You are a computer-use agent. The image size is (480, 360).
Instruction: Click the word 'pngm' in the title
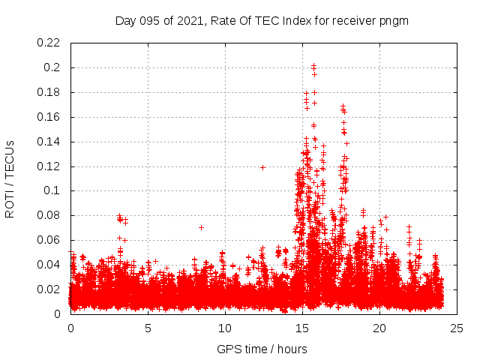[x=394, y=20]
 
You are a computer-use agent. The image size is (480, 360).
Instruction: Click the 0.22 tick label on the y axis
[x=50, y=43]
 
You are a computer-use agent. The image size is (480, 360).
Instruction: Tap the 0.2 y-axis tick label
[x=54, y=67]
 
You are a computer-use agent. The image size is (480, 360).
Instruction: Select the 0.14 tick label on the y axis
[x=50, y=141]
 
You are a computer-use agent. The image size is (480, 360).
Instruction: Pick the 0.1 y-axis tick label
[x=54, y=190]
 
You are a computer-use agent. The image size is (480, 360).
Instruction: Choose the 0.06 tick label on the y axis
[x=50, y=240]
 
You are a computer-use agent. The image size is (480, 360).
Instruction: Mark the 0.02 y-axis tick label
[x=50, y=289]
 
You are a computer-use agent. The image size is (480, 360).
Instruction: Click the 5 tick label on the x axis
[x=148, y=328]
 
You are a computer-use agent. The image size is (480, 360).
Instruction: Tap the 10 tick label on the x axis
[x=225, y=328]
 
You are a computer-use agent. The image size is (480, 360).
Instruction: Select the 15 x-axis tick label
[x=302, y=328]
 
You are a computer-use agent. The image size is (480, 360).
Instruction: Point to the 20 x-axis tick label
[x=379, y=328]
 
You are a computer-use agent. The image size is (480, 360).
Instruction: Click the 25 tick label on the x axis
[x=457, y=328]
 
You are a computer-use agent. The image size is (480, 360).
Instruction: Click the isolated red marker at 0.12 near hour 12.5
[x=262, y=167]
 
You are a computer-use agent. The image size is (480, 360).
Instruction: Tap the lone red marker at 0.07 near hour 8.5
[x=201, y=227]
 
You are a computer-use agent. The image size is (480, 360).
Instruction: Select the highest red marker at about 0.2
[x=313, y=65]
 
